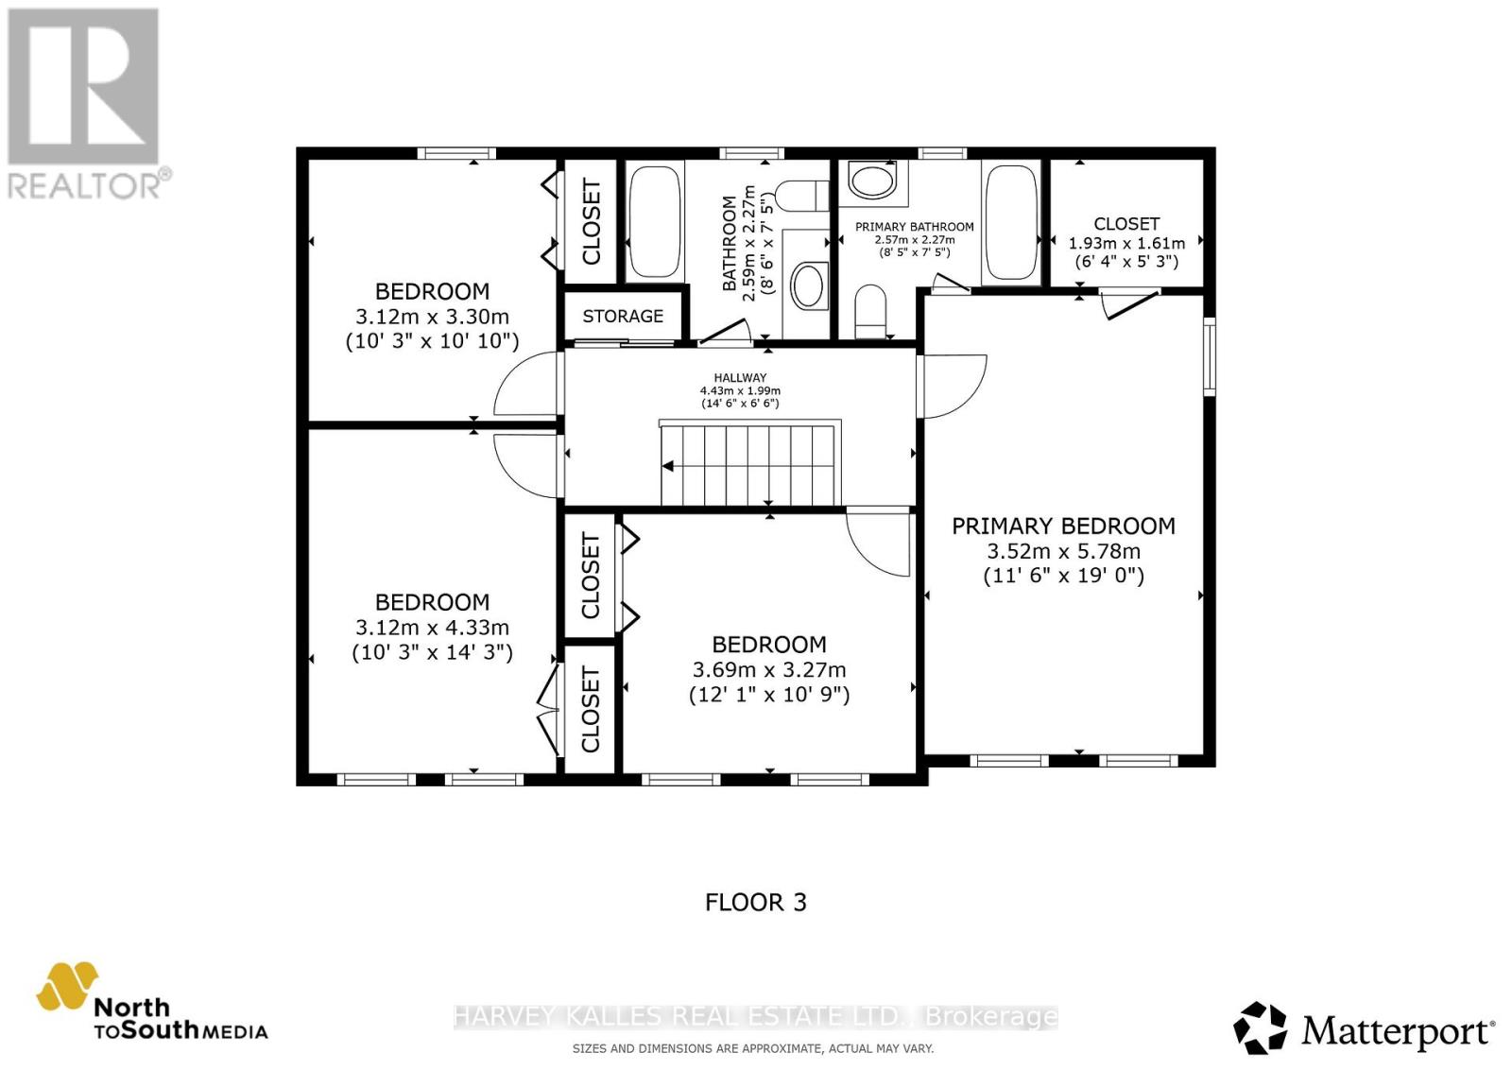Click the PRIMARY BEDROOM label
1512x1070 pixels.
[1063, 526]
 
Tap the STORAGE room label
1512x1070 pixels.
[623, 316]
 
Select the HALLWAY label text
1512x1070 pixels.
[740, 377]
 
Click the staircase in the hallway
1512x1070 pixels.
[749, 465]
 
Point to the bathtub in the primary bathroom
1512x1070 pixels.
[1011, 222]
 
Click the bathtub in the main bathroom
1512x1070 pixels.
[653, 222]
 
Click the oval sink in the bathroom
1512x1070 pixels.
[807, 285]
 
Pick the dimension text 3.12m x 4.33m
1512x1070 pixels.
[432, 628]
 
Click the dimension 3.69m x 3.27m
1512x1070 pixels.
[768, 670]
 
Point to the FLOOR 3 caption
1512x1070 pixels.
[755, 902]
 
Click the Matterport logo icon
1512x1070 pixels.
[1260, 1027]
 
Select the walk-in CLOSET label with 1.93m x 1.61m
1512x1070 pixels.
[1126, 224]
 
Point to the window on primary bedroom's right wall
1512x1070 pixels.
[1209, 355]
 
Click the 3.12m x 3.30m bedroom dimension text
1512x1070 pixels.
[432, 317]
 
